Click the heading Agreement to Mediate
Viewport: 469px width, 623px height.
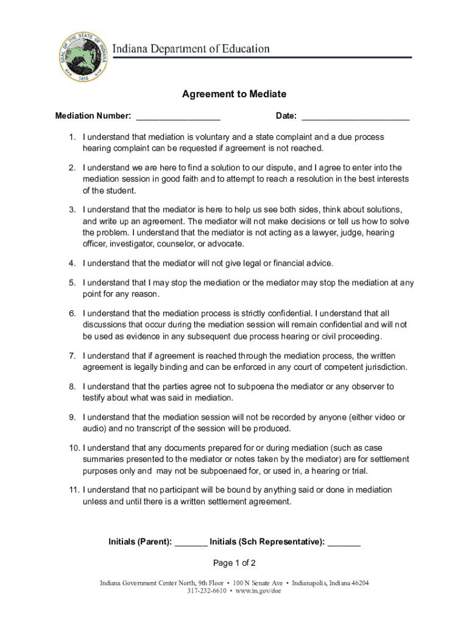tap(234, 94)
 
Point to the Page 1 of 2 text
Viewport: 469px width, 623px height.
tap(234, 563)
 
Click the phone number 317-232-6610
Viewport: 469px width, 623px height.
tap(207, 591)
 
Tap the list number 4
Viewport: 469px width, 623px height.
tap(72, 263)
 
